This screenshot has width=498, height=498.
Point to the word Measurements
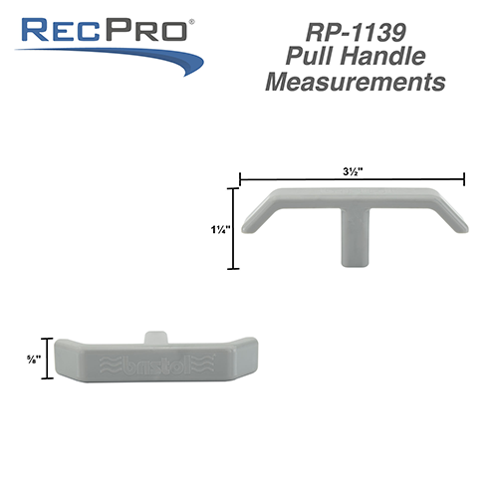pos(355,84)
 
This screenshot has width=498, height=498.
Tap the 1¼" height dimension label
pos(221,228)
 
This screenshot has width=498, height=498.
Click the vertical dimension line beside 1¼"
pos(235,228)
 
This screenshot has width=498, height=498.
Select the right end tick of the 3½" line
pos(465,180)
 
